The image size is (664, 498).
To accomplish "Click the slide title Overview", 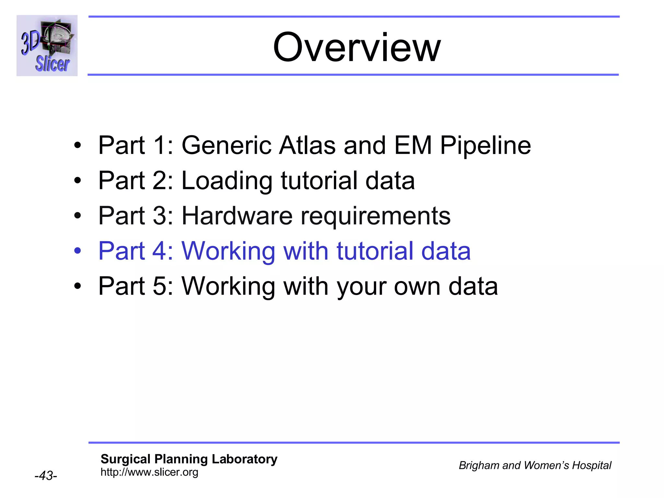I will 357,48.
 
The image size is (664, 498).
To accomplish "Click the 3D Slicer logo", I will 47,45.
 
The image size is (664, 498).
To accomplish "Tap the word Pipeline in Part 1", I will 485,145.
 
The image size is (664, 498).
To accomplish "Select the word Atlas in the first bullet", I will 307,145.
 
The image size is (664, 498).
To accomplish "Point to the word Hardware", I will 237,216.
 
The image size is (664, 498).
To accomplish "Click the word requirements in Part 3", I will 375,217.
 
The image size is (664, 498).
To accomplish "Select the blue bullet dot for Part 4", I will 77,251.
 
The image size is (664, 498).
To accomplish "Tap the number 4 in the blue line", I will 159,251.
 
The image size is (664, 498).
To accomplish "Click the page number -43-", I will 46,476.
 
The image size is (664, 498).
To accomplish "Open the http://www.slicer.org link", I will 149,472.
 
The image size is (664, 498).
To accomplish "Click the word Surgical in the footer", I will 125,459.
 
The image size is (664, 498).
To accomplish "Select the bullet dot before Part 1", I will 77,145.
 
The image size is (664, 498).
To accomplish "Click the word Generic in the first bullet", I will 226,145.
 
